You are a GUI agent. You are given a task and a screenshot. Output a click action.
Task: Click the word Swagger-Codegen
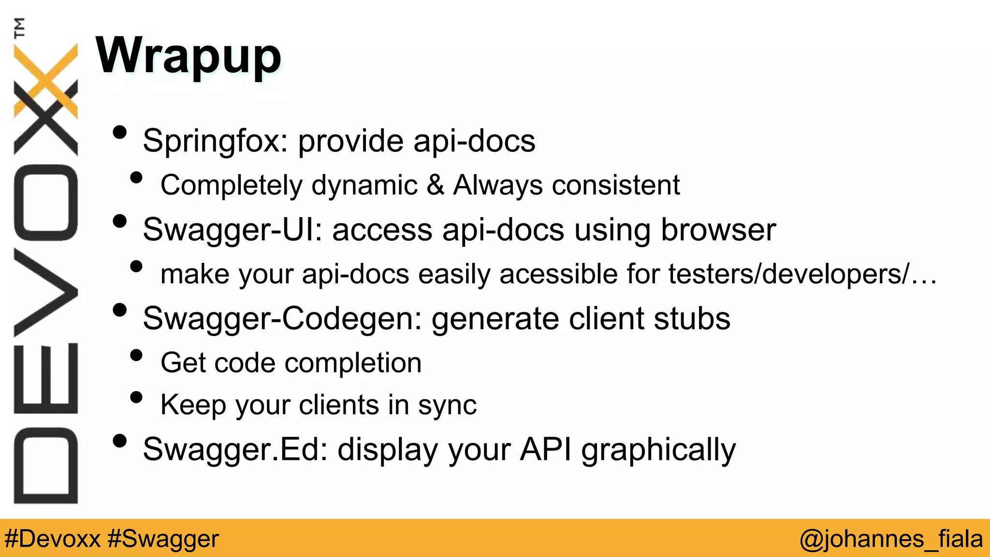point(282,319)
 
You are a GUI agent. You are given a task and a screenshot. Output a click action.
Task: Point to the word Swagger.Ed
point(235,450)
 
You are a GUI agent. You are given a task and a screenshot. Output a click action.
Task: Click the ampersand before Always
point(435,185)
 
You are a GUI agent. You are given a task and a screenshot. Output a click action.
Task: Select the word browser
point(718,230)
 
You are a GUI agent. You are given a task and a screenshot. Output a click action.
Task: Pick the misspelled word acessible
point(558,274)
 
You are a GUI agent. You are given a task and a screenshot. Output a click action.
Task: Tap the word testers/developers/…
point(802,274)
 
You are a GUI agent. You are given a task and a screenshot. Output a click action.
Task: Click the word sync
point(447,405)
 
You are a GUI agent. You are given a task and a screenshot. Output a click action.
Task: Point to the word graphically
point(658,450)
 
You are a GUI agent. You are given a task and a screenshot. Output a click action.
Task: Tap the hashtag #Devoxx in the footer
point(52,539)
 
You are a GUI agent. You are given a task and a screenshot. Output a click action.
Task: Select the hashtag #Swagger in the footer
point(163,539)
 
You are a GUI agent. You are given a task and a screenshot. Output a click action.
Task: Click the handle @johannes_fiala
point(891,539)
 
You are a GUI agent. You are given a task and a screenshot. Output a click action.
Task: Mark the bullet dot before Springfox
point(119,132)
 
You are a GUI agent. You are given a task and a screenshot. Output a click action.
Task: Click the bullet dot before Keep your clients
point(137,397)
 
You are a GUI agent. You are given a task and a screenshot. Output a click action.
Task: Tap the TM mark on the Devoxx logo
point(19,28)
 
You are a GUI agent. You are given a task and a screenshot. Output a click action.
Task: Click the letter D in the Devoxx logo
point(45,466)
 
